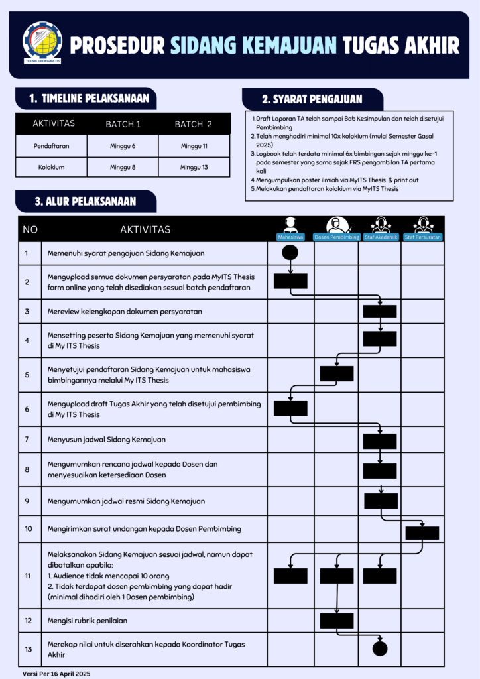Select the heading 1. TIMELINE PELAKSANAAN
point(88,99)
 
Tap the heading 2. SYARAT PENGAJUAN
point(312,99)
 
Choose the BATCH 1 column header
point(123,124)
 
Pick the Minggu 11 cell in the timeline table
point(194,145)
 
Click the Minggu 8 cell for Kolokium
point(123,167)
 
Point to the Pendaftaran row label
point(51,145)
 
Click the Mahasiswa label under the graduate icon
point(290,237)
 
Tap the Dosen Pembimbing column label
point(337,237)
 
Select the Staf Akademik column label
point(380,237)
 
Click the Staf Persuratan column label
point(423,237)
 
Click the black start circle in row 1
point(290,253)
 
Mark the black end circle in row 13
point(380,648)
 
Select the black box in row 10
point(422,532)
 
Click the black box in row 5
point(337,373)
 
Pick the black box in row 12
point(337,621)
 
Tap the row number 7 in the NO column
point(27,439)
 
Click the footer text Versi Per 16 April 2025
point(56,673)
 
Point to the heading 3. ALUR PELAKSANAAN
point(85,201)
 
